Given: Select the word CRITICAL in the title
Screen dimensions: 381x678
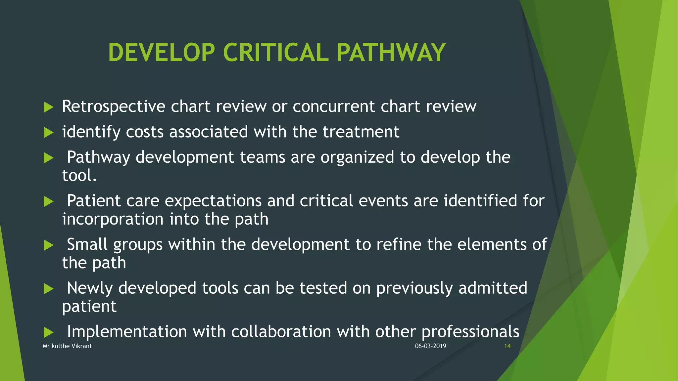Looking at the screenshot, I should coord(276,53).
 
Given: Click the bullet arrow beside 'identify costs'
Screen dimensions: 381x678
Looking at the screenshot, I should coord(49,133).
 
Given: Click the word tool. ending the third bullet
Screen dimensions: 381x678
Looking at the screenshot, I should coord(79,175).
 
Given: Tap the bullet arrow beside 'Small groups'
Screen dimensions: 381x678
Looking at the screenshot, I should coord(49,245).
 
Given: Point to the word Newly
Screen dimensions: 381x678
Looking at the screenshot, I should coord(90,288).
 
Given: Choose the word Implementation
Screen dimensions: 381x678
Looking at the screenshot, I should coord(127,331).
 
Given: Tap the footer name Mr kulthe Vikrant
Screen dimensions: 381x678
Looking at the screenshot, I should coord(67,346).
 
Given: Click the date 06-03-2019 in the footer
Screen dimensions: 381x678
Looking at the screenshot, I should coord(430,346).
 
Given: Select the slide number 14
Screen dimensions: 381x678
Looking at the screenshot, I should coord(507,346).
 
